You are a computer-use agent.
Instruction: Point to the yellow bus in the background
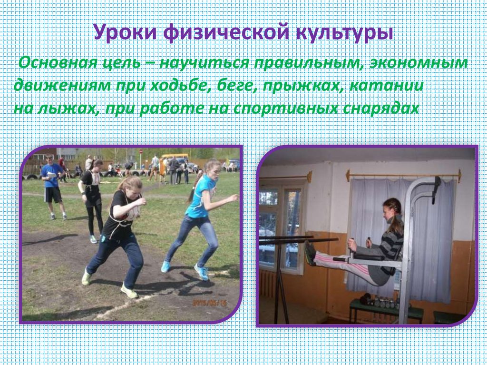(174, 157)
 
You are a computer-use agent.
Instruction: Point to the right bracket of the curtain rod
(458, 176)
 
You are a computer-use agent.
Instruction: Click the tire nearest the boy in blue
(32, 177)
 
